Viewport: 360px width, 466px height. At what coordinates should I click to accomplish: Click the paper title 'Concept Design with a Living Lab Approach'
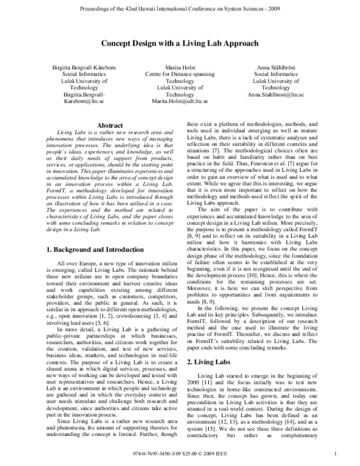179,44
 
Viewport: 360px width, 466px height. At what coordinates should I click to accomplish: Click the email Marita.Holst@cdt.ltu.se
180,102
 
